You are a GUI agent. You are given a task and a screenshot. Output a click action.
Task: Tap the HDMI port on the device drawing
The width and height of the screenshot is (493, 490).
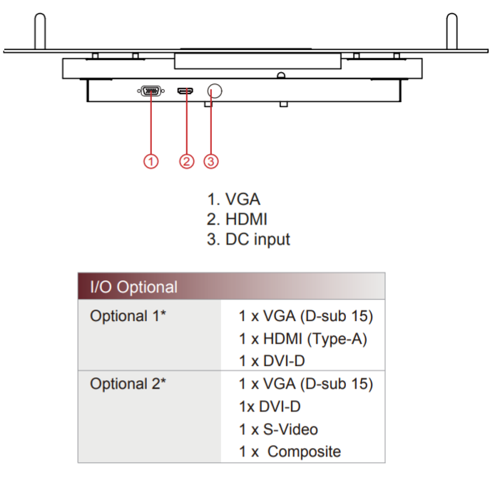tap(186, 91)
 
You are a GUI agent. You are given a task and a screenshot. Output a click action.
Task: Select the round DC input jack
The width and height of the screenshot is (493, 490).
tap(214, 91)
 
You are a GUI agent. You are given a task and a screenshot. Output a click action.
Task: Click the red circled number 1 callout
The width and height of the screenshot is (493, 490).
tap(151, 160)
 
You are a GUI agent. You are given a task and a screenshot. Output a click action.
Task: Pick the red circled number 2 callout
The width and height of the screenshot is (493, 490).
tap(186, 160)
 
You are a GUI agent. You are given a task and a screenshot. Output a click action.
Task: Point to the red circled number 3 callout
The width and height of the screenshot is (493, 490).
tap(210, 160)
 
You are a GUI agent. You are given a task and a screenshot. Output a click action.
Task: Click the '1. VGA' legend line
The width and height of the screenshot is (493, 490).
tap(233, 199)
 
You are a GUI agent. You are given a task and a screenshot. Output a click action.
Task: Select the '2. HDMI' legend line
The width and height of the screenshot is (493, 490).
tap(238, 219)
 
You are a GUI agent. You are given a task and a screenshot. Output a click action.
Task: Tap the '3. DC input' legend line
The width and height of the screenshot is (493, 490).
tap(248, 239)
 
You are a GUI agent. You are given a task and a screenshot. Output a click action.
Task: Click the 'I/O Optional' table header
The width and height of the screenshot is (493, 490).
tap(133, 287)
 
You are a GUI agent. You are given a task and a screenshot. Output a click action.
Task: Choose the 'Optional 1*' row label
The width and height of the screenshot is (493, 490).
tap(128, 316)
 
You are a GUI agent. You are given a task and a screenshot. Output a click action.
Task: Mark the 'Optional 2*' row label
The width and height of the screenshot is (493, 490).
tap(128, 384)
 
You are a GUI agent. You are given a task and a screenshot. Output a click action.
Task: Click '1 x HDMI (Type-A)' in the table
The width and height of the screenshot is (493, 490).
tap(303, 339)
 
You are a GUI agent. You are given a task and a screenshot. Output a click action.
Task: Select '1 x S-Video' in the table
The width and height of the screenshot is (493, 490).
tap(278, 429)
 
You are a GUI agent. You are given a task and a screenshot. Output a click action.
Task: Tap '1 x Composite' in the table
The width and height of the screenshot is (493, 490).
tap(290, 451)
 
